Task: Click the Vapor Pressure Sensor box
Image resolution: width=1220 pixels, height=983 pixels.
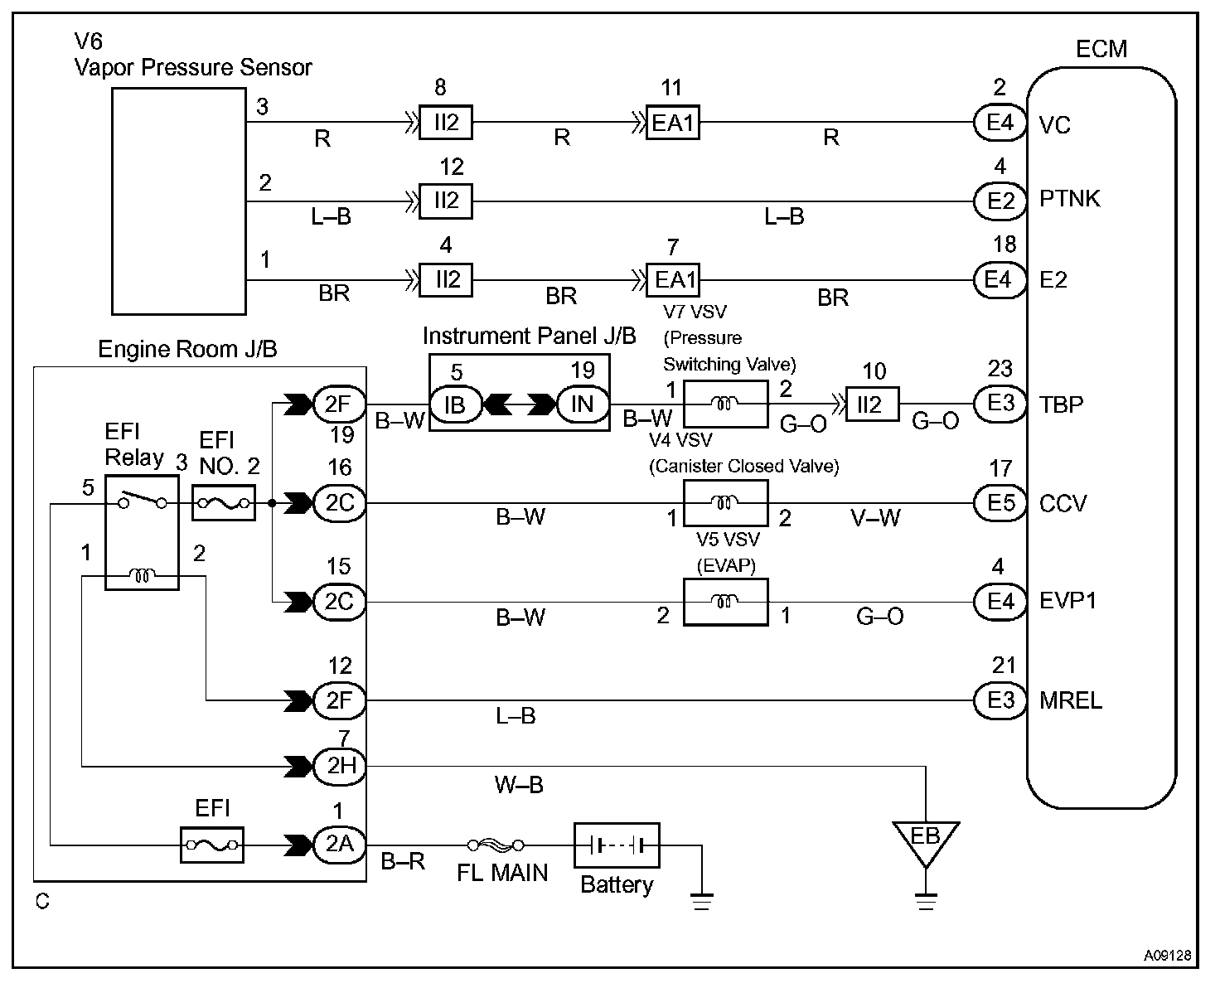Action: click(178, 202)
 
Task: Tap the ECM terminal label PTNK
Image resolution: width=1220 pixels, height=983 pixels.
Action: click(1069, 200)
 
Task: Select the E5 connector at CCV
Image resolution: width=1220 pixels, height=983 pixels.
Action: click(1000, 503)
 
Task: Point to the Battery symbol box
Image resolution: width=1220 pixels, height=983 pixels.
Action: click(616, 845)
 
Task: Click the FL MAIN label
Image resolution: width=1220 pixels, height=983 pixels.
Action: click(502, 873)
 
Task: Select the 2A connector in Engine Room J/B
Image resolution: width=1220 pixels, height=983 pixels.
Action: click(339, 845)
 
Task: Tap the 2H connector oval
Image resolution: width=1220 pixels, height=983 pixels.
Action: click(340, 765)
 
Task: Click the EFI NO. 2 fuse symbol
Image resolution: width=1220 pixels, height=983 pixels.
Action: click(223, 503)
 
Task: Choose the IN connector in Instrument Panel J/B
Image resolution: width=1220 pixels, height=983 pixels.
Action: click(582, 404)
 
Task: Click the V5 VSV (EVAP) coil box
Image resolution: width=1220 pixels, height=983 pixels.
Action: click(725, 602)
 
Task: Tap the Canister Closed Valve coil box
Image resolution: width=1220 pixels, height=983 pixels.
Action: click(725, 503)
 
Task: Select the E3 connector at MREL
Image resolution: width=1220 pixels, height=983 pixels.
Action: click(1000, 700)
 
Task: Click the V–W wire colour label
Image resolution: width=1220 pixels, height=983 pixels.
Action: click(875, 519)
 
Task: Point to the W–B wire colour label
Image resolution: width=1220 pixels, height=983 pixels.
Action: click(519, 784)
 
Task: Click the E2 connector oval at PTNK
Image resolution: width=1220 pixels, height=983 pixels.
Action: click(1000, 200)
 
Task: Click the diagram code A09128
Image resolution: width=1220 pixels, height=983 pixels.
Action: click(1168, 956)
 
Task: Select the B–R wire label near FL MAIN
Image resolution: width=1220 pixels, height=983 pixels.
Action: click(403, 862)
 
